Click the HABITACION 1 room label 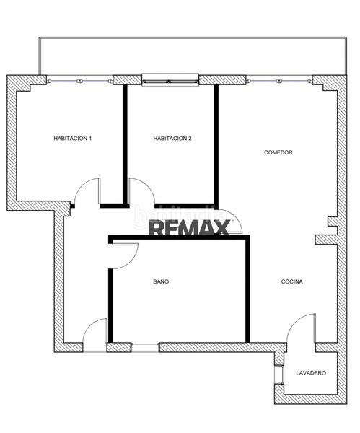tap(72, 139)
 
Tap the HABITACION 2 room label tap(172, 139)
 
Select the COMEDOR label tap(278, 152)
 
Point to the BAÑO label tap(161, 281)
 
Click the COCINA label tap(291, 281)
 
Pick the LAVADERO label tap(311, 373)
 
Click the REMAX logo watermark tap(190, 227)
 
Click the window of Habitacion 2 tap(170, 80)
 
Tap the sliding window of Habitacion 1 tap(80, 81)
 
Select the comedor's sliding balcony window tap(279, 81)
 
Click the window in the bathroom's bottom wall tap(145, 348)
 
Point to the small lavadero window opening tap(278, 375)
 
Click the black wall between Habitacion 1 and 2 tap(125, 144)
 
